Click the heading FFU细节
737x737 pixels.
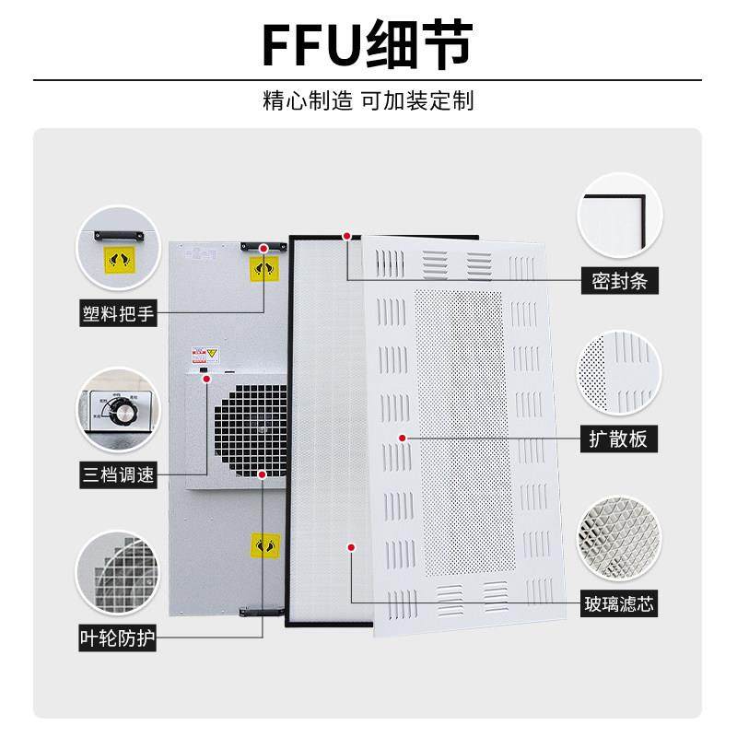pyautogui.click(x=368, y=44)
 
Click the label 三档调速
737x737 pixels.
pyautogui.click(x=118, y=476)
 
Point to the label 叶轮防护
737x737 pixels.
pyautogui.click(x=118, y=635)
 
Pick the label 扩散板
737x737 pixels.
pyautogui.click(x=619, y=439)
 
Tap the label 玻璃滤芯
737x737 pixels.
pyautogui.click(x=619, y=606)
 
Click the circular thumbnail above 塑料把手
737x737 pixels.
pyautogui.click(x=117, y=245)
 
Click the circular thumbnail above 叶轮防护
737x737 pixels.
pyautogui.click(x=117, y=567)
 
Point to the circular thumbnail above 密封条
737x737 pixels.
pyautogui.click(x=619, y=215)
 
